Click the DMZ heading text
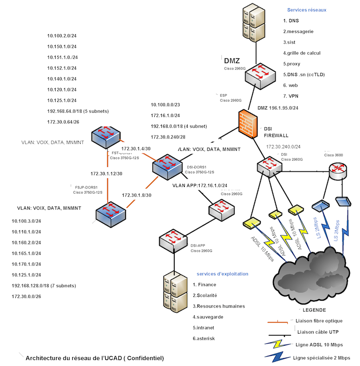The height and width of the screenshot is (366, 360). pyautogui.click(x=232, y=61)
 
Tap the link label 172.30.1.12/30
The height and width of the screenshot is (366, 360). pyautogui.click(x=107, y=173)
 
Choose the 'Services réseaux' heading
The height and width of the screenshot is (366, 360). pyautogui.click(x=307, y=10)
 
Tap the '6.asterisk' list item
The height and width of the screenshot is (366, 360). pyautogui.click(x=204, y=338)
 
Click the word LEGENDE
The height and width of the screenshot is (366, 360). pyautogui.click(x=314, y=310)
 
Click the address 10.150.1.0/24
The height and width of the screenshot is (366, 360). pyautogui.click(x=62, y=47)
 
